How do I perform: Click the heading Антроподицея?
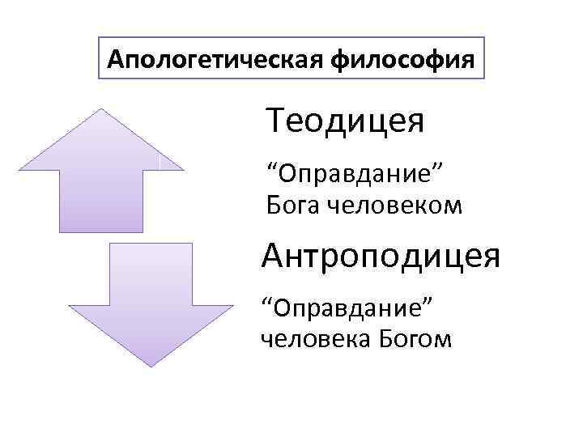(x=381, y=257)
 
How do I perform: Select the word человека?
(x=315, y=339)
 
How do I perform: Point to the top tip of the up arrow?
(x=101, y=109)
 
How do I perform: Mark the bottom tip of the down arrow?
(x=151, y=367)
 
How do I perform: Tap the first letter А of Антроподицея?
(x=273, y=257)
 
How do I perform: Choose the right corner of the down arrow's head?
(x=232, y=305)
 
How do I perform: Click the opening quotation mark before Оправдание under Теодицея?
(x=274, y=170)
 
